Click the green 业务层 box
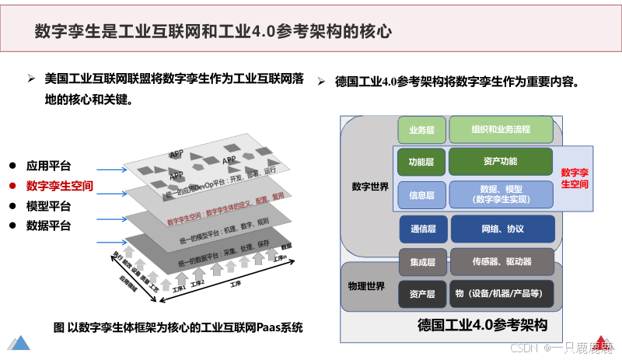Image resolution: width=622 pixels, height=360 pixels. (x=421, y=129)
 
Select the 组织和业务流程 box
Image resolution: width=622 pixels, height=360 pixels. (x=501, y=129)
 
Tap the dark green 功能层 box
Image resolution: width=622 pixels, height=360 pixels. (x=421, y=162)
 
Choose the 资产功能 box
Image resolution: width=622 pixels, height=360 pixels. (x=500, y=162)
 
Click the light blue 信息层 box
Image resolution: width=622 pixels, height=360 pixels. (x=421, y=194)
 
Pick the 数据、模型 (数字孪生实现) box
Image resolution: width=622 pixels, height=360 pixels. (x=500, y=194)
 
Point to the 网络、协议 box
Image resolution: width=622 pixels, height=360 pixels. (x=501, y=229)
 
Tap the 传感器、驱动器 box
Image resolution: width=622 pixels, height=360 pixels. (x=501, y=262)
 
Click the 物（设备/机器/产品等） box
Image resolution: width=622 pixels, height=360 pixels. (x=501, y=293)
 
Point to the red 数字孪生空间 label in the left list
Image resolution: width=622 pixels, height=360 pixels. (x=59, y=186)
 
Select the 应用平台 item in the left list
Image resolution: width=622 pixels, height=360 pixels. (x=48, y=166)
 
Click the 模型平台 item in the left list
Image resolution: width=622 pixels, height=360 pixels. (x=48, y=206)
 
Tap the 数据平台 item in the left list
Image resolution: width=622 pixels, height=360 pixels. (x=48, y=226)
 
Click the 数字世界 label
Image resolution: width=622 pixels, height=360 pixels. (x=369, y=187)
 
